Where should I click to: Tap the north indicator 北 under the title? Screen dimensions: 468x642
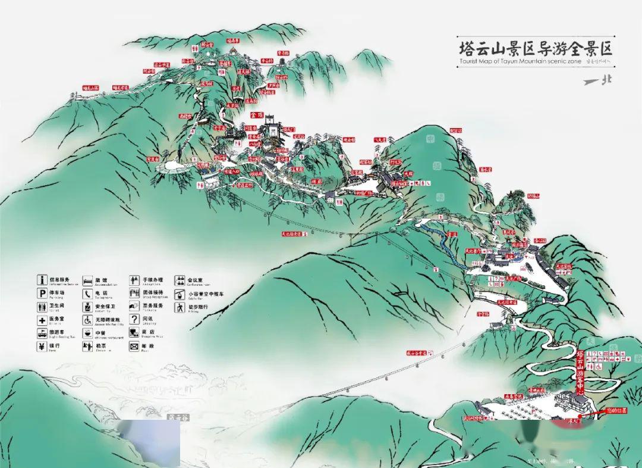point(606,81)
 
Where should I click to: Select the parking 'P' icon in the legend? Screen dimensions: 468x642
point(42,293)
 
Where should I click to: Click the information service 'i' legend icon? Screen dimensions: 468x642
point(42,279)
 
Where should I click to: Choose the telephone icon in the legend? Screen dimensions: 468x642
point(87,294)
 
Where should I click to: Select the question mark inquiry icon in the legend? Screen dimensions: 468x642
point(134,320)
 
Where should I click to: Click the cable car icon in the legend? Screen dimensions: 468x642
point(180,294)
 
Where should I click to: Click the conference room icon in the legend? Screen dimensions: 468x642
point(180,280)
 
